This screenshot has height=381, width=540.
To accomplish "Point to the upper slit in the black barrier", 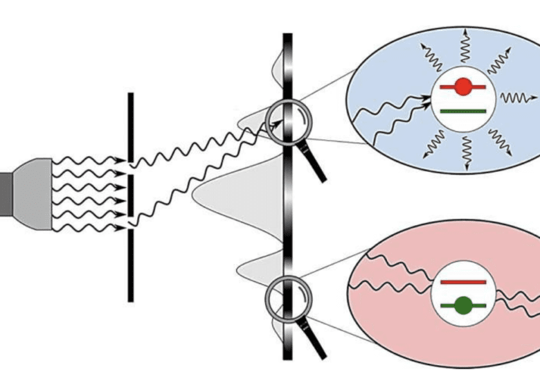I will (x=130, y=168).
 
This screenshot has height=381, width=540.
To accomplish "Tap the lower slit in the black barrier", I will (x=130, y=221).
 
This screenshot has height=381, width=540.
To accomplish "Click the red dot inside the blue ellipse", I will (x=463, y=87).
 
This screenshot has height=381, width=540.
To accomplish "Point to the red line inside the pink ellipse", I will (x=463, y=282).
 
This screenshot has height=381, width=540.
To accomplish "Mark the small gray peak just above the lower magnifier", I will (x=260, y=267).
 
